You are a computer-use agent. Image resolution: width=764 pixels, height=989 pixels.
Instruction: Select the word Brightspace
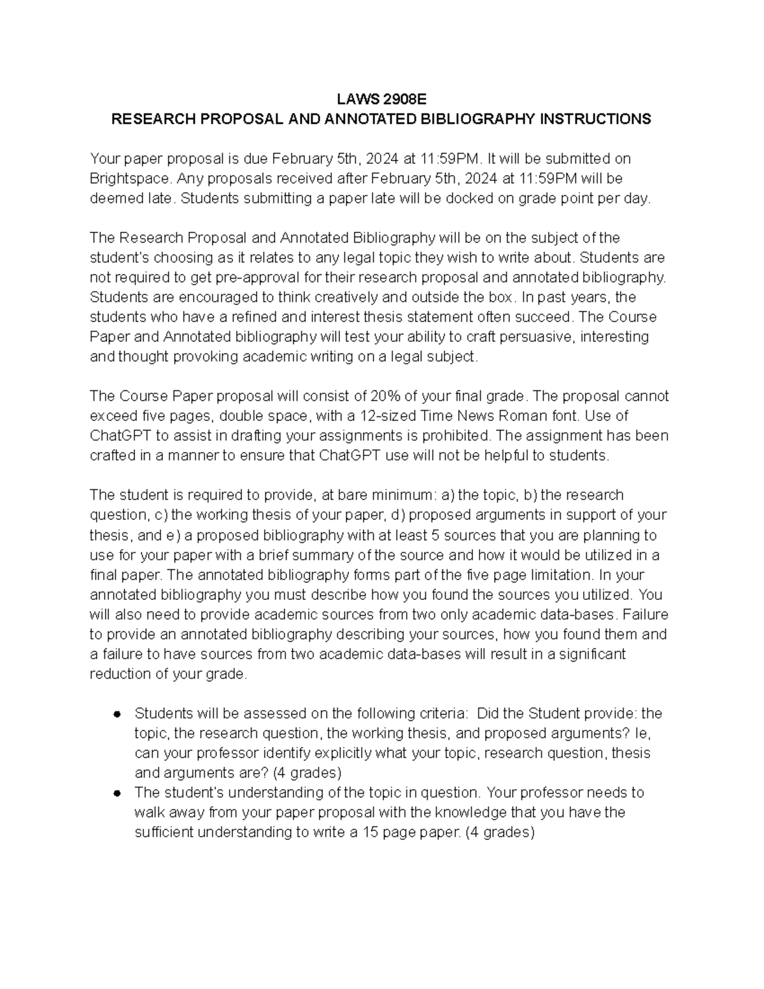click(129, 178)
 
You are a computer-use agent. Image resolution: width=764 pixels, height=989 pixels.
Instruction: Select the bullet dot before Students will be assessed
click(117, 715)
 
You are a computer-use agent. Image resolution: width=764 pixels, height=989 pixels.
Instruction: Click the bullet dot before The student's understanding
click(117, 793)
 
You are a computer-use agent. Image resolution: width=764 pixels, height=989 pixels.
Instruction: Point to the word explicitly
click(343, 753)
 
